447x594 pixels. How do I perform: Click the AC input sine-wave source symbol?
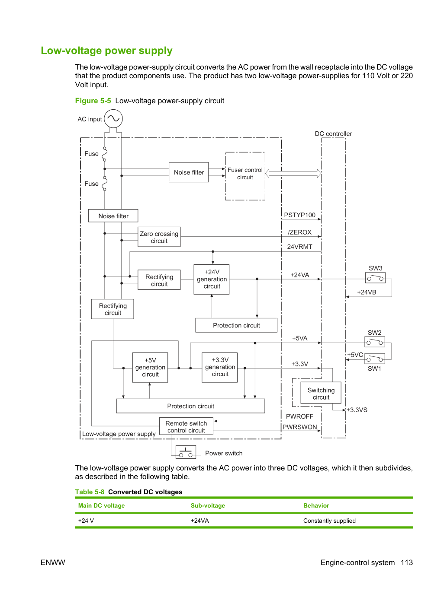tap(113, 118)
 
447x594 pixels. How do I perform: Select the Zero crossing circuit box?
tap(159, 237)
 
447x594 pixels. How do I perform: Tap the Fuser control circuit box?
tap(245, 176)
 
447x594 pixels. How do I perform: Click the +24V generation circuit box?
tap(212, 279)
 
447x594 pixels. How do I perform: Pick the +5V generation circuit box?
tap(150, 367)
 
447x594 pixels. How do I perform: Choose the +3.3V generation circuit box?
tap(219, 367)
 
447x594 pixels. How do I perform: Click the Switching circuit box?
tap(321, 393)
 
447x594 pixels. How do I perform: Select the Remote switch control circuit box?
tap(186, 426)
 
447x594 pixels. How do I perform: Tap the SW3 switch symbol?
tap(375, 278)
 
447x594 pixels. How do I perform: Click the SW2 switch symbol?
tap(375, 342)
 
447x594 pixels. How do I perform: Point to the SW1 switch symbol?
tap(375, 359)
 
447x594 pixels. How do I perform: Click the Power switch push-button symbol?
tap(186, 452)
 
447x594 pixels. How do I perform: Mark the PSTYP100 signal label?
tap(299, 215)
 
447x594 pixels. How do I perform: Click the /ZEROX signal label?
tap(299, 232)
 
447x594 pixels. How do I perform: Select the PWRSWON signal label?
tap(299, 427)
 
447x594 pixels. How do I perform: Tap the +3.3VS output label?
tap(357, 410)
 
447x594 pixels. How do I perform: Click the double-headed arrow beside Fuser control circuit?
tap(293, 173)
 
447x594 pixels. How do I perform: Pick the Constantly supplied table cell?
tap(329, 521)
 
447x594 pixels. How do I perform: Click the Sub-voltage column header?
tap(208, 505)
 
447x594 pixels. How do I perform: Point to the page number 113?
tap(407, 562)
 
